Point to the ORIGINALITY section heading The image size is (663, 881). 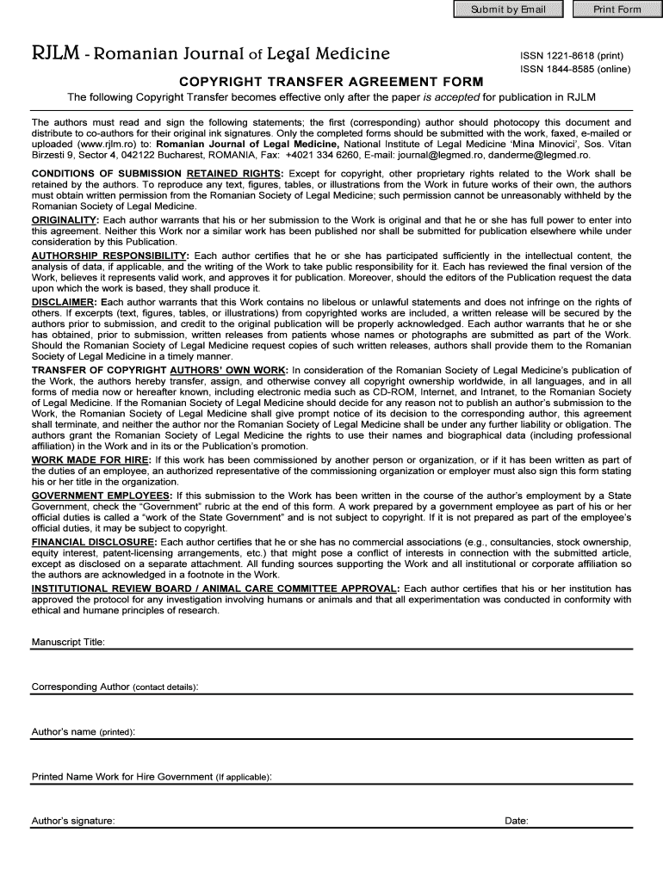65,221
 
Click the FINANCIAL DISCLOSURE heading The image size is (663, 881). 94,542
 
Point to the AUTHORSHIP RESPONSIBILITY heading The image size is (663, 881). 109,256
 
